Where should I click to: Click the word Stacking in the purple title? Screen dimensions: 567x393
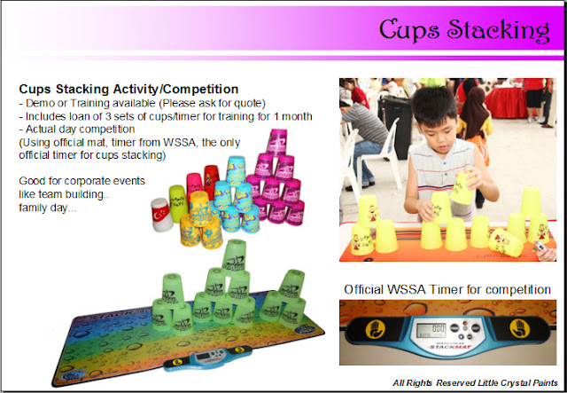(498, 31)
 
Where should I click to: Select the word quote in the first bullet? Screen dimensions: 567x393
(252, 103)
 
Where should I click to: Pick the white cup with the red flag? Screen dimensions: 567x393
(161, 215)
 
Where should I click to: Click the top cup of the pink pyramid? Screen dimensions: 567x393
(277, 142)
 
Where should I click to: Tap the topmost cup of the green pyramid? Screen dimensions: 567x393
(234, 258)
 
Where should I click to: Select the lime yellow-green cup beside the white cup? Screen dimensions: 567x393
(177, 203)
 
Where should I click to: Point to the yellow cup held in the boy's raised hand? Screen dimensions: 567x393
(462, 188)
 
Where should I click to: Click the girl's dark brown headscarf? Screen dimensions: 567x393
(474, 107)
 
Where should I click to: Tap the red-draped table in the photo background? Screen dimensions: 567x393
(506, 102)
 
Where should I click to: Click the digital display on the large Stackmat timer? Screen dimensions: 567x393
(431, 330)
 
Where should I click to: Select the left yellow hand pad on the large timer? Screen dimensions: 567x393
(375, 329)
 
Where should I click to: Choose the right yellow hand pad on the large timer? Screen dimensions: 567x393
(519, 328)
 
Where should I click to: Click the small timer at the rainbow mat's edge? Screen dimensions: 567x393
(207, 358)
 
